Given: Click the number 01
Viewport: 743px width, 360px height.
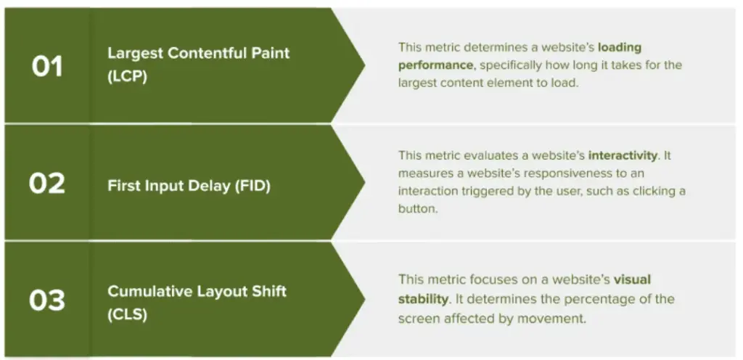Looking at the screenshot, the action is click(x=47, y=66).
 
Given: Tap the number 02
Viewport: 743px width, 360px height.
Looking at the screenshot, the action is click(x=47, y=184).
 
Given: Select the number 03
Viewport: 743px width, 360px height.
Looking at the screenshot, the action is click(x=47, y=300).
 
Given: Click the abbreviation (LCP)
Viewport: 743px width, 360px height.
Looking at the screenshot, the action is click(x=128, y=76).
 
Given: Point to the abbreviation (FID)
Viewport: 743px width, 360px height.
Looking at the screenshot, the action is click(x=253, y=186).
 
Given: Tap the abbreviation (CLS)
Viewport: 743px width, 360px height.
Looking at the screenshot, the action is click(x=128, y=314).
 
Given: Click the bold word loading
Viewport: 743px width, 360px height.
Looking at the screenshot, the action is click(x=620, y=47).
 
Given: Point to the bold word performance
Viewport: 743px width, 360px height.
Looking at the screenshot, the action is click(x=435, y=65).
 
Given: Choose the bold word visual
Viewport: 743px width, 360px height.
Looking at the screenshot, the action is click(x=633, y=279).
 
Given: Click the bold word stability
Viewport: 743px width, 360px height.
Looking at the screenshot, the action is click(x=423, y=299).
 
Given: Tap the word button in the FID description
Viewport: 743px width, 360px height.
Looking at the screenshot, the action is click(x=417, y=209).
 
